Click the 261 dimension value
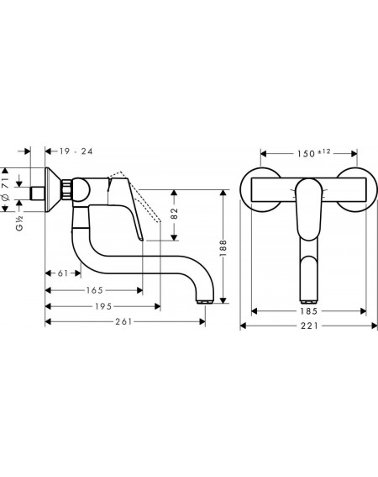pyautogui.click(x=123, y=321)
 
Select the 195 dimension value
pyautogui.click(x=103, y=306)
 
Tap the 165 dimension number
pyautogui.click(x=94, y=290)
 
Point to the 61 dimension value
pyautogui.click(x=63, y=273)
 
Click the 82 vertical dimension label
pyautogui.click(x=174, y=213)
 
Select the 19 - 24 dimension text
pyautogui.click(x=76, y=151)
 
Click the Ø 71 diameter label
pyautogui.click(x=6, y=189)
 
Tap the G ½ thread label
pyautogui.click(x=19, y=223)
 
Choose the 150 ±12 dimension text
pyautogui.click(x=313, y=153)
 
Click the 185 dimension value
pyautogui.click(x=308, y=311)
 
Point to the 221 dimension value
pyautogui.click(x=309, y=326)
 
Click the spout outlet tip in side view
pyautogui.click(x=206, y=302)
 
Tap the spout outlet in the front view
pyautogui.click(x=308, y=302)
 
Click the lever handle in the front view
pyautogui.click(x=308, y=209)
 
